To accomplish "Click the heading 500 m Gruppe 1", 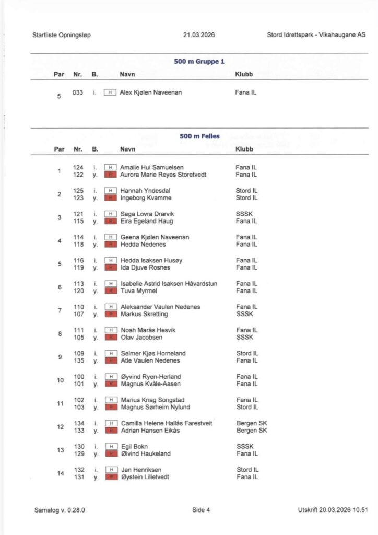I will click(199, 62).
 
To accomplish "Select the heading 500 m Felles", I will click(199, 136).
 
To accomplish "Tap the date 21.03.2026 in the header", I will click(199, 35).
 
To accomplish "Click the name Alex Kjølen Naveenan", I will click(151, 92).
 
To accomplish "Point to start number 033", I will click(78, 92).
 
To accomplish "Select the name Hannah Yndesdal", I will click(146, 191).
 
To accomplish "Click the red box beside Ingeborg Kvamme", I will click(110, 198).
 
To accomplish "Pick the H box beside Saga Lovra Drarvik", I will click(110, 214).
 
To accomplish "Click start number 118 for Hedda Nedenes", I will click(78, 245).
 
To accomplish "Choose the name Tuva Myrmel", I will click(138, 291).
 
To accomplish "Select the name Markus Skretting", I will click(144, 314).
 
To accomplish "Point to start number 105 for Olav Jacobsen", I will click(78, 338).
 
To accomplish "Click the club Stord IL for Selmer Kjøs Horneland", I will click(247, 353).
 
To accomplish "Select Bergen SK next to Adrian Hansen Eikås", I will click(252, 431).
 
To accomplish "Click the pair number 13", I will click(60, 450).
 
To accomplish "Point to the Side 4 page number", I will click(201, 510).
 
